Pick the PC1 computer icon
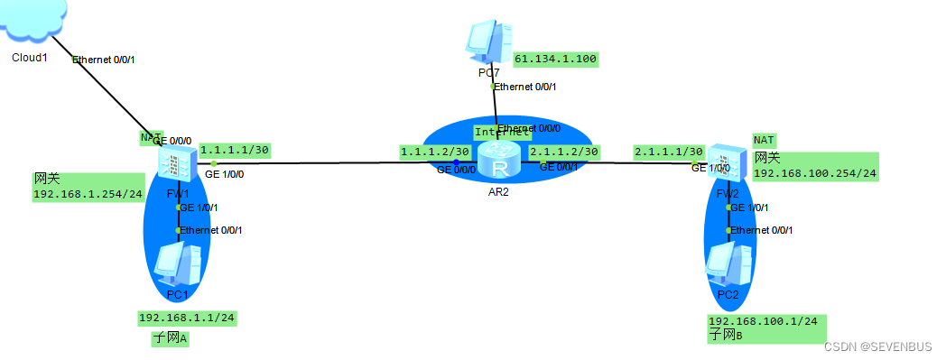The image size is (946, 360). click(175, 264)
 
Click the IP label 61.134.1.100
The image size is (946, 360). click(555, 60)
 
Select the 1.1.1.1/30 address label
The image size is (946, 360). click(236, 150)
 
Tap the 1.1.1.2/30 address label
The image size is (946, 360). click(435, 151)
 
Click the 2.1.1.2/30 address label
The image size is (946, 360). click(565, 151)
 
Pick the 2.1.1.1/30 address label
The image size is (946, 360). click(669, 151)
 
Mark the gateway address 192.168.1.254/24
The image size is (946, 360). click(88, 194)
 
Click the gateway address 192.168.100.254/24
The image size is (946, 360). click(815, 172)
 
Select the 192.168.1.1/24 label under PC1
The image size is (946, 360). click(187, 318)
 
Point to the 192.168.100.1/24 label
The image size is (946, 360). click(763, 321)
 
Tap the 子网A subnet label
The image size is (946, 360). click(170, 339)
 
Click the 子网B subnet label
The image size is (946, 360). click(726, 336)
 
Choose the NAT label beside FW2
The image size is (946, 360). click(764, 140)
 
